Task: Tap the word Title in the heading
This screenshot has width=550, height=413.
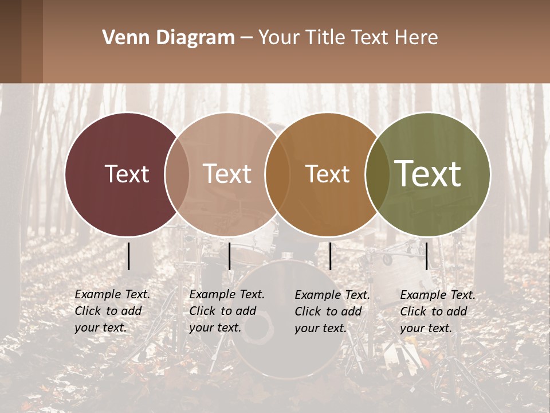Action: point(325,37)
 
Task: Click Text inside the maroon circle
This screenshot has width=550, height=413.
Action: point(127,174)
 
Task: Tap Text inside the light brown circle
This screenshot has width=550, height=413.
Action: point(227,174)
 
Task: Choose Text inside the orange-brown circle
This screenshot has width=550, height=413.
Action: point(327,174)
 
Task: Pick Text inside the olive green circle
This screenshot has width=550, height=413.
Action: point(428,173)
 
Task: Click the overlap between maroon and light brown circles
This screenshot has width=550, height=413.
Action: point(177,174)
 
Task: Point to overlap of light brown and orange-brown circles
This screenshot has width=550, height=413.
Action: point(277,174)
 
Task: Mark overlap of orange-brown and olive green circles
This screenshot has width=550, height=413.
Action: point(378,174)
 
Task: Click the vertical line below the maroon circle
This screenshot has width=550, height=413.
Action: point(129,256)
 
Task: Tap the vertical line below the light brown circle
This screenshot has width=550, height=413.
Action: point(229,256)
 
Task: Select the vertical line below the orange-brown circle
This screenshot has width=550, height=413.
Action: point(330,256)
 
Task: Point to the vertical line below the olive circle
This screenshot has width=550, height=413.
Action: point(426,256)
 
